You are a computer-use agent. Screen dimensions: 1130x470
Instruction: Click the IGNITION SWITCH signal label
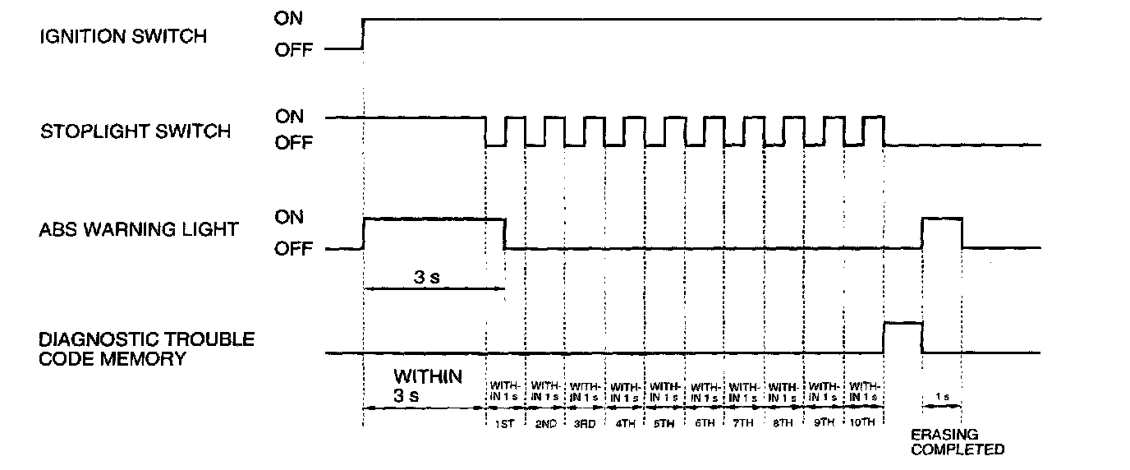click(123, 36)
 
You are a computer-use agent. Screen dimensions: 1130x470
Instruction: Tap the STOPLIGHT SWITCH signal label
click(136, 131)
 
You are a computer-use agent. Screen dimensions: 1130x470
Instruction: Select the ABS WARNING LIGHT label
click(139, 229)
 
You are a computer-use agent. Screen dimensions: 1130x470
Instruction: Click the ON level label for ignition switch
click(289, 18)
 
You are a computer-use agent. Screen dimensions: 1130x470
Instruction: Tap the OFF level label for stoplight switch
click(293, 144)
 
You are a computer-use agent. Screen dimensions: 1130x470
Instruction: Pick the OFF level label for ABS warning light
click(293, 249)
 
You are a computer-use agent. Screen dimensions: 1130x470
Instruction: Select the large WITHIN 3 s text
click(428, 385)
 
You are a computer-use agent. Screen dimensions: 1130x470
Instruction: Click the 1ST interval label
click(505, 424)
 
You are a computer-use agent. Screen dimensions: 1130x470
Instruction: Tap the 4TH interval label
click(625, 424)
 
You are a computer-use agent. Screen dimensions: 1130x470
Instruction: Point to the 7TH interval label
click(744, 424)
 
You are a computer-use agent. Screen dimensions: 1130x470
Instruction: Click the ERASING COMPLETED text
click(958, 442)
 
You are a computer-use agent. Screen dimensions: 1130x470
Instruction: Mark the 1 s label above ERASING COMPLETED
click(942, 397)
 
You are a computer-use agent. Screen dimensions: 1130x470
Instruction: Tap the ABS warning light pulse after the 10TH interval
click(942, 233)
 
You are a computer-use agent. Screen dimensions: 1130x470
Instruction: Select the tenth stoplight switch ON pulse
click(874, 130)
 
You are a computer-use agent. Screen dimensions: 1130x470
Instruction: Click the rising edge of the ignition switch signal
click(363, 33)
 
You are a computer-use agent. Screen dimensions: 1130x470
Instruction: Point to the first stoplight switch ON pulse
click(515, 130)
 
